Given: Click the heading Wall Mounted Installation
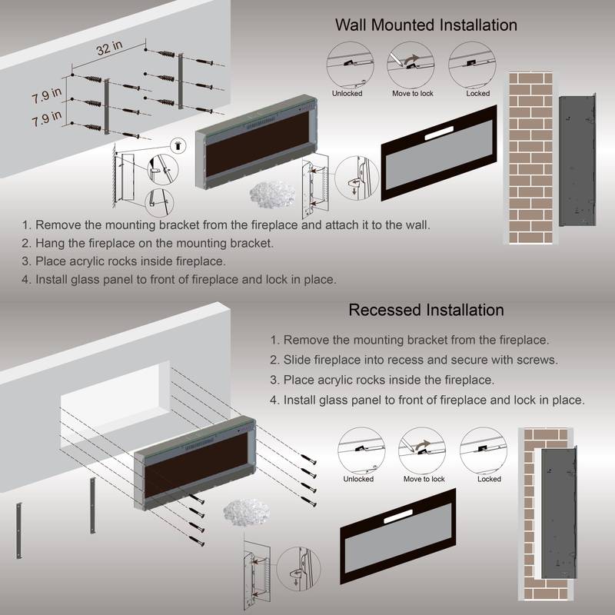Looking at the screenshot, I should coord(426,25).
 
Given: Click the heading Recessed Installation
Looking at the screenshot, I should coord(426,311).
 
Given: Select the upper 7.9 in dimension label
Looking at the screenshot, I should coord(47,98).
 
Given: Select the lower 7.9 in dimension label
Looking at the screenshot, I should coord(47,122).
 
